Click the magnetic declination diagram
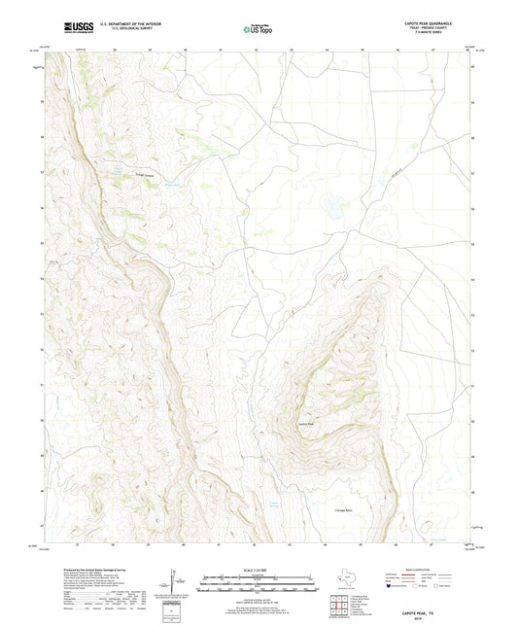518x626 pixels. pyautogui.click(x=176, y=586)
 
